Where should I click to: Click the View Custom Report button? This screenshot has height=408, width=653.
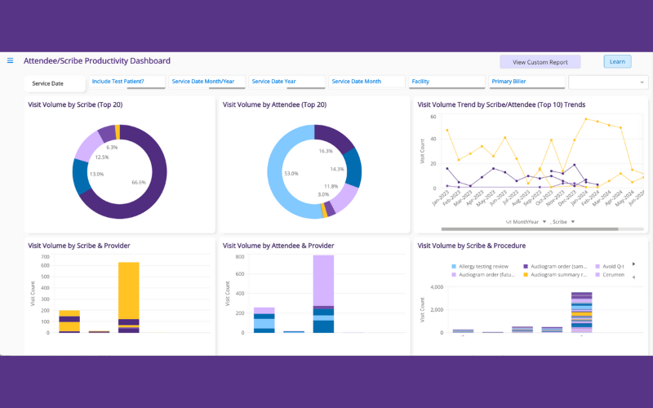[x=540, y=62]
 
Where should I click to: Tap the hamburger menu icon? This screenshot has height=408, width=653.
[x=11, y=60]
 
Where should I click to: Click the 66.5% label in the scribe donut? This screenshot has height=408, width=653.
[x=139, y=183]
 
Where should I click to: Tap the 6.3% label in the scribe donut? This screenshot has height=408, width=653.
[x=112, y=148]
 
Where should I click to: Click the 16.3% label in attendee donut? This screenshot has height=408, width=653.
[x=326, y=151]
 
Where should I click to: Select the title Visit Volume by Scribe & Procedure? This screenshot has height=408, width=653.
[x=471, y=246]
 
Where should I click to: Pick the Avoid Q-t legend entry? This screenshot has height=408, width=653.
[x=612, y=267]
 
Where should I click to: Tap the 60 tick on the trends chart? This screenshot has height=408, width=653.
[x=433, y=117]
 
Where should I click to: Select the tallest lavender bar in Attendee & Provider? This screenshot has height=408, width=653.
[x=323, y=280]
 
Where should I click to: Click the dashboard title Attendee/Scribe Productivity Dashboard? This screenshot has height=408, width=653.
[x=97, y=61]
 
